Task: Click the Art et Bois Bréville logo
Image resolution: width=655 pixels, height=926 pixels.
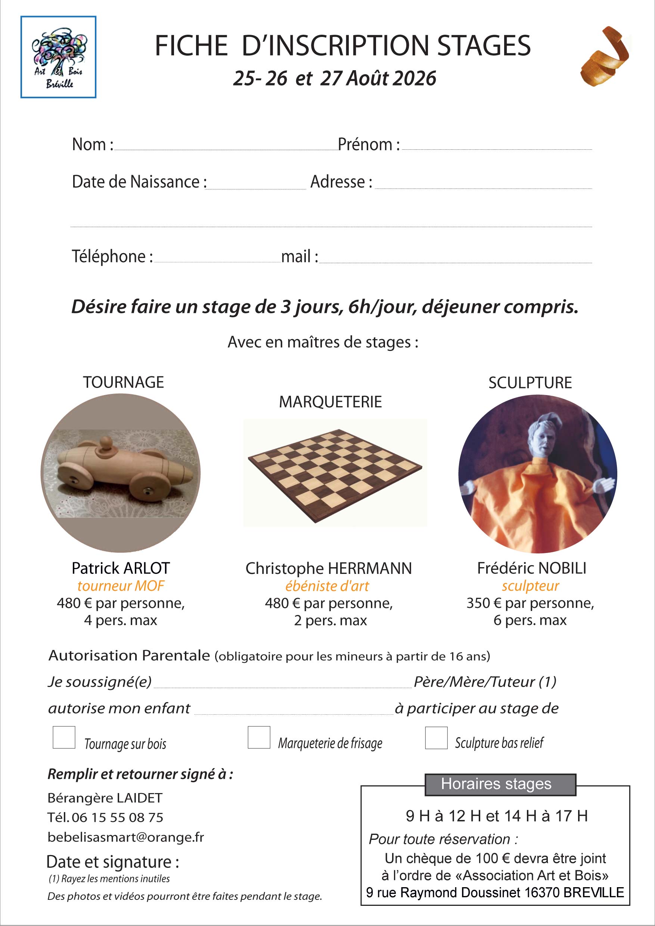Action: click(58, 57)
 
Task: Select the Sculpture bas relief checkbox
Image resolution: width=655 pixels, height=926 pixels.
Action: click(436, 738)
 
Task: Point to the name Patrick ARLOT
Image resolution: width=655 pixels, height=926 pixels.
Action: click(121, 568)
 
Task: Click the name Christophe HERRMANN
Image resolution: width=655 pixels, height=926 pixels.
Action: click(328, 569)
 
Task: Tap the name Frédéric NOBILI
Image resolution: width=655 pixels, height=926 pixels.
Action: click(532, 568)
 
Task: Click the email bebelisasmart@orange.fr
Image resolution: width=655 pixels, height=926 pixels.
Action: click(126, 837)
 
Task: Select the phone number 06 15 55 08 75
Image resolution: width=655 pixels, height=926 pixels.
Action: click(117, 817)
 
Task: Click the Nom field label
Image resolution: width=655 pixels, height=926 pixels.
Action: click(92, 145)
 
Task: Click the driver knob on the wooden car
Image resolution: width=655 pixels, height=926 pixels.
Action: click(105, 443)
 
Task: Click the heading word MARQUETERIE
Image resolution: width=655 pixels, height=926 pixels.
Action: click(330, 402)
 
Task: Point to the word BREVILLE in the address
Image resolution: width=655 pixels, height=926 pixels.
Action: click(593, 892)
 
